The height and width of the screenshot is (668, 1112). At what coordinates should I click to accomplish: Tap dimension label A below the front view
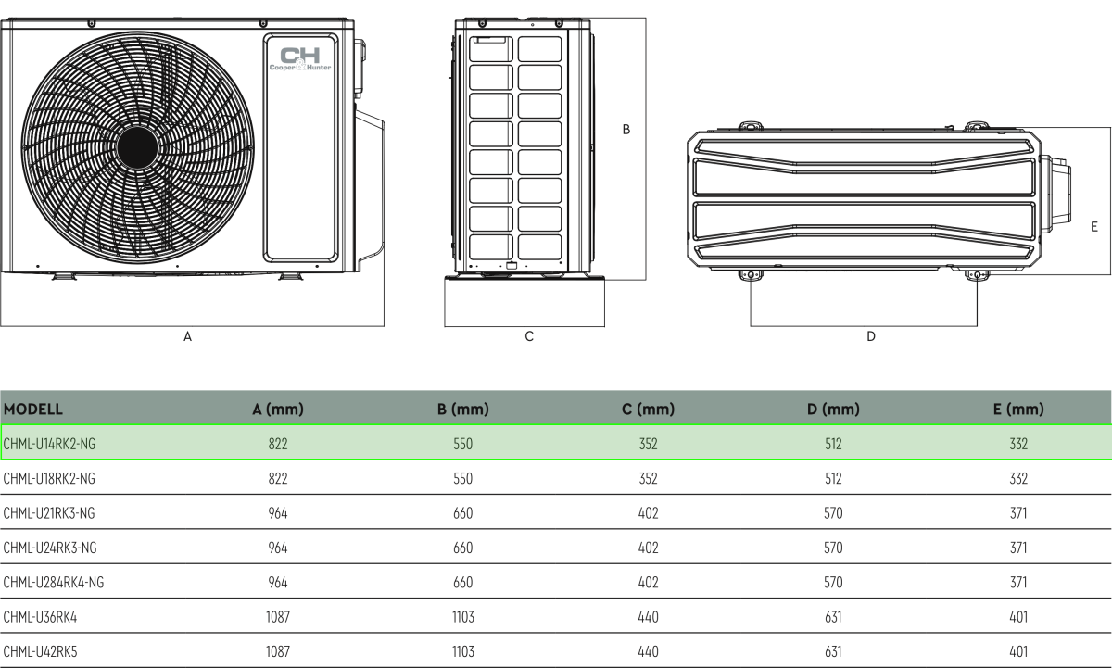pos(187,337)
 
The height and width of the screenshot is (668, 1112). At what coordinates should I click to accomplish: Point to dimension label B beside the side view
pos(625,130)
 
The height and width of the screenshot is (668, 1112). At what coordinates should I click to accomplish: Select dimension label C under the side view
pos(529,337)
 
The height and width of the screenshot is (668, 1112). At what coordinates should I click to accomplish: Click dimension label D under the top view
pos(870,337)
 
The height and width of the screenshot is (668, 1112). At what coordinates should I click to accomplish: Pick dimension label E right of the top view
pos(1094,226)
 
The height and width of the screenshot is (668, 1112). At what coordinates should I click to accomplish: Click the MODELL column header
pos(33,409)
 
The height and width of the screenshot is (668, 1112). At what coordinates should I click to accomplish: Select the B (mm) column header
pos(462,409)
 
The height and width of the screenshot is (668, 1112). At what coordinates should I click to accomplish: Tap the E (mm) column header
pos(1018,409)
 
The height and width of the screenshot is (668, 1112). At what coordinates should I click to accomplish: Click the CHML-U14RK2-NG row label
pos(50,445)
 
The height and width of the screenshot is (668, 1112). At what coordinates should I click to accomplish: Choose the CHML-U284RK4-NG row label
pos(54,582)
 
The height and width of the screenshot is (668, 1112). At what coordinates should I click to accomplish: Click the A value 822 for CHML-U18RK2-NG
pos(278,479)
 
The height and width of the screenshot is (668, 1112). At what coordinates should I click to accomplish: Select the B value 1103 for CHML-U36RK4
pos(463,617)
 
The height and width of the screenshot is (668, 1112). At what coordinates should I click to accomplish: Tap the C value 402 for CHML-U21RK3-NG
pos(649,513)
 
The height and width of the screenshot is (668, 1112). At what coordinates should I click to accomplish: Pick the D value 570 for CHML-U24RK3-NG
pos(833,548)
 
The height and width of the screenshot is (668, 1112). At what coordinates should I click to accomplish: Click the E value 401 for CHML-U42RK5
pos(1018,651)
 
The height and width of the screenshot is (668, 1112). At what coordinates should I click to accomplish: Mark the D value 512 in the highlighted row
pos(833,445)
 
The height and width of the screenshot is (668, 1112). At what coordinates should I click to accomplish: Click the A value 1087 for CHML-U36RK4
pos(278,617)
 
